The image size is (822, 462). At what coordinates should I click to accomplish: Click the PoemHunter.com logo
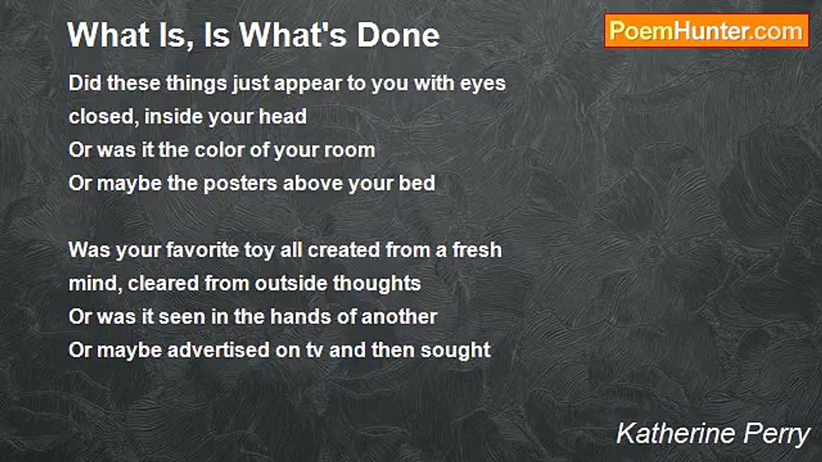(706, 31)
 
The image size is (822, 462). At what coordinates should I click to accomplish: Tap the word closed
(103, 117)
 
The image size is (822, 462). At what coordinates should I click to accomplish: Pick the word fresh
(477, 250)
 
